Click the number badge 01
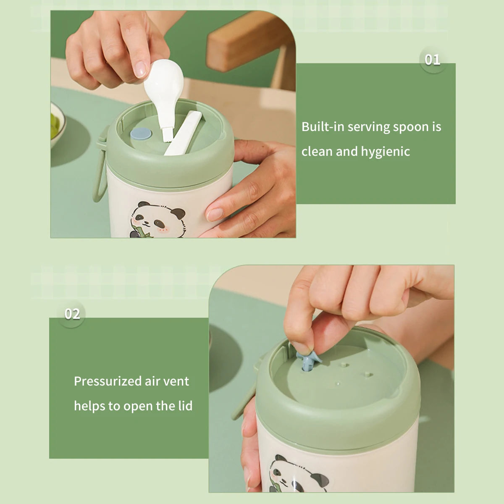click(432, 60)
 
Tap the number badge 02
click(72, 314)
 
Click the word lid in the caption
click(186, 406)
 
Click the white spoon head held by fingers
click(163, 81)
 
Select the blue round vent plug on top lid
click(141, 134)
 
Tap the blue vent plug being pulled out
click(308, 360)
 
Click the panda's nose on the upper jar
click(147, 223)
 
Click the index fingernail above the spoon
click(141, 69)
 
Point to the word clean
click(317, 152)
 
